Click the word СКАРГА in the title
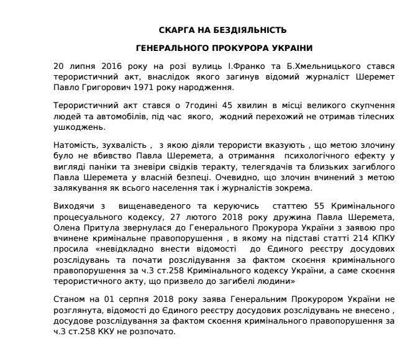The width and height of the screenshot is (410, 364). click(176, 30)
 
